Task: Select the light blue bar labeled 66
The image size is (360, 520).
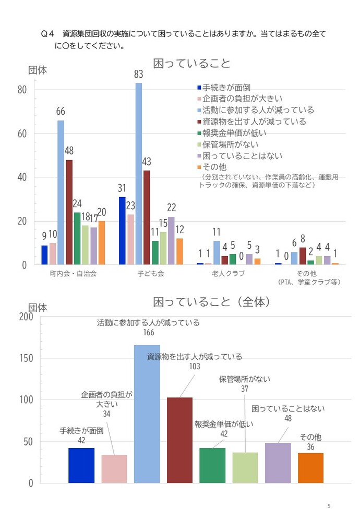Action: point(61,192)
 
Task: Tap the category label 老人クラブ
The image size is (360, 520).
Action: point(228,273)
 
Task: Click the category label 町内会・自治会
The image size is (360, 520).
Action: point(74,273)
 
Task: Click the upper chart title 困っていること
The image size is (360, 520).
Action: point(191,64)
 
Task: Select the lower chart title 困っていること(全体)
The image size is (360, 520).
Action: point(211,302)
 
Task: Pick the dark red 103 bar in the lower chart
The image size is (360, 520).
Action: point(179,440)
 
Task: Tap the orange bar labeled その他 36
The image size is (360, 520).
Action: point(310,468)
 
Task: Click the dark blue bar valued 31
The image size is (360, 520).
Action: point(122,231)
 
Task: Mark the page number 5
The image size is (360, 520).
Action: point(329,506)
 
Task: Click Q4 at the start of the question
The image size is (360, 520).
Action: point(48,33)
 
